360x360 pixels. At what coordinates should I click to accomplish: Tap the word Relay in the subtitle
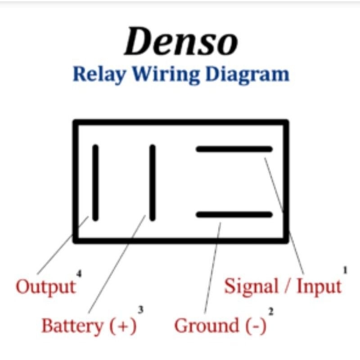pos(99,74)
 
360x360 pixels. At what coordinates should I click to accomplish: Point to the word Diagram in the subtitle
pos(246,74)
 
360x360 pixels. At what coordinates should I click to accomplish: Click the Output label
pos(45,287)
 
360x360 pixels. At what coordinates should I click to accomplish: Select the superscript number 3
pos(140,310)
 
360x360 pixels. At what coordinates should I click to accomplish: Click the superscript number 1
pos(346,270)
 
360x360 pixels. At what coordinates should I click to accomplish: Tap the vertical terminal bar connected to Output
pos(95,182)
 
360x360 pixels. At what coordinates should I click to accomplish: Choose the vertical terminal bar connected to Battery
pos(152,182)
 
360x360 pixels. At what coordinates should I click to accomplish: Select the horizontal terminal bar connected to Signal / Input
pos(234,149)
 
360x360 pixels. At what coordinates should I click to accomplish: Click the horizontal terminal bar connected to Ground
pos(234,215)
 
